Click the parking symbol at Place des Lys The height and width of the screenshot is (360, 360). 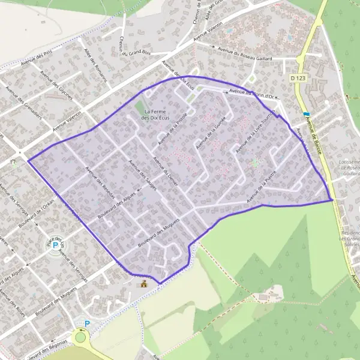(x=56, y=245)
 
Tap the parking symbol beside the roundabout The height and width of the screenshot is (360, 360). (x=87, y=323)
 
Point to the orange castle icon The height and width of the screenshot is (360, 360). (x=143, y=283)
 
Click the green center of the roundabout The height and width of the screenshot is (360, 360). (x=80, y=337)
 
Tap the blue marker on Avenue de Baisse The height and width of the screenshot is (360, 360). (x=307, y=114)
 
